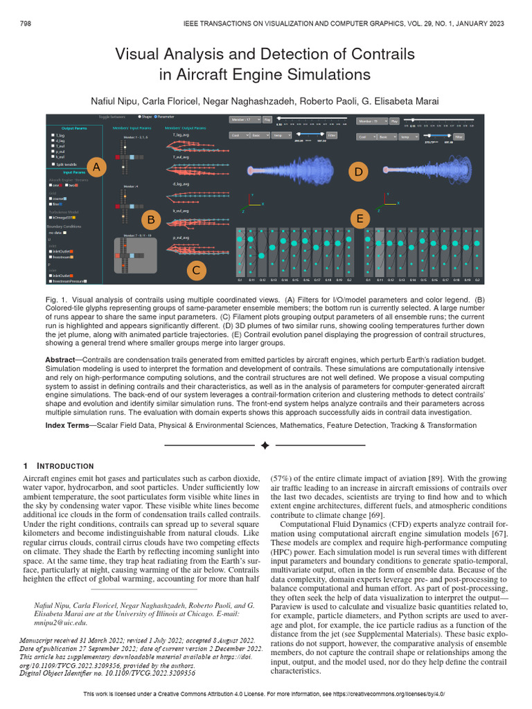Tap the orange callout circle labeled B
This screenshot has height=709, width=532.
tap(150, 219)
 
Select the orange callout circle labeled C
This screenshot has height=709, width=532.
tap(196, 269)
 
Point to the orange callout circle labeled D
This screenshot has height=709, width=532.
tap(357, 171)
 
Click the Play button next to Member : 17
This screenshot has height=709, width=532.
tap(267, 120)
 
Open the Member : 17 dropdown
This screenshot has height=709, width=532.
tap(244, 120)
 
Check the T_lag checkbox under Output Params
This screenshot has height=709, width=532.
tap(53, 135)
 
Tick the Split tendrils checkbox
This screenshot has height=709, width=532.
tap(53, 164)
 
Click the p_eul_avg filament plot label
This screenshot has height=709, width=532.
tap(181, 237)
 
